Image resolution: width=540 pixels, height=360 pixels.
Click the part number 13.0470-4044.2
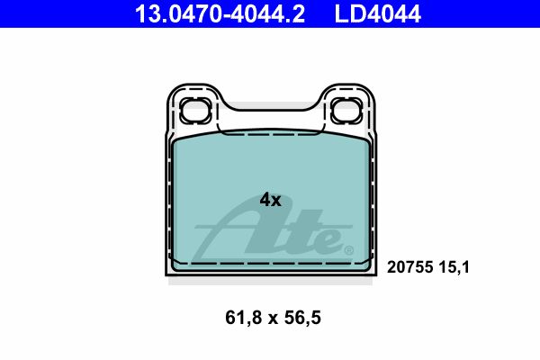click(x=220, y=13)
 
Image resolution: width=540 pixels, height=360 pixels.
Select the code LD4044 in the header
click(x=377, y=13)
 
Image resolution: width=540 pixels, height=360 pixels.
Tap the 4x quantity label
click(x=270, y=200)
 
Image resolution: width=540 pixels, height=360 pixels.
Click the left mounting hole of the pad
click(x=194, y=110)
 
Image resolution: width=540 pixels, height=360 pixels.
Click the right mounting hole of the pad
click(x=346, y=110)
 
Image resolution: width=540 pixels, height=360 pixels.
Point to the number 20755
click(x=409, y=267)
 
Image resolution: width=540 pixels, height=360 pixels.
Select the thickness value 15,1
click(x=454, y=267)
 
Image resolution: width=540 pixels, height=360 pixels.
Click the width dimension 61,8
click(x=244, y=318)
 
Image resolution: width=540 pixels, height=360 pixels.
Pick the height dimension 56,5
click(x=302, y=318)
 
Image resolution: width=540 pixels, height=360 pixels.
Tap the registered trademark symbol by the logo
click(x=348, y=249)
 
